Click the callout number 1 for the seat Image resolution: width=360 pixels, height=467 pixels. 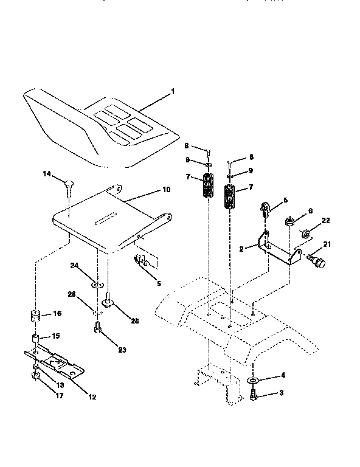click(x=173, y=92)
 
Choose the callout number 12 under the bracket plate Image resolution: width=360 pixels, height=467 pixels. click(x=92, y=397)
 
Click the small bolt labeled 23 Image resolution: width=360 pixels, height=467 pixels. click(x=97, y=329)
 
